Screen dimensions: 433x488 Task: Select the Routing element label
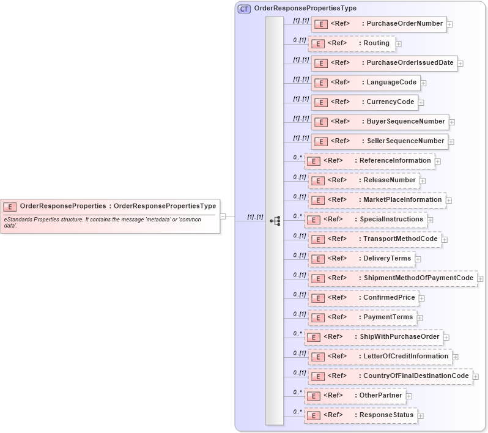(x=376, y=43)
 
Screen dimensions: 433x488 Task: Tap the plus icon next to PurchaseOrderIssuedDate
(x=460, y=64)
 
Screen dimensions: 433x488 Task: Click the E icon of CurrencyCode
(x=320, y=103)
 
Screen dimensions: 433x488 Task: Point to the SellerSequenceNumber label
(x=405, y=141)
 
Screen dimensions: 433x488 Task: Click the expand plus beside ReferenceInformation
(x=438, y=161)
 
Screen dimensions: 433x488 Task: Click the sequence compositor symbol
(x=275, y=220)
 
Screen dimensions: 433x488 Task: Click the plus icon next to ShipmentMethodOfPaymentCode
(x=480, y=279)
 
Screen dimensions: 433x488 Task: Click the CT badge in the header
(x=244, y=9)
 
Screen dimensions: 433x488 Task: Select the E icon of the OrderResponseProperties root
(x=10, y=207)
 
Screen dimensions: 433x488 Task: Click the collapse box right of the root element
(x=223, y=216)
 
